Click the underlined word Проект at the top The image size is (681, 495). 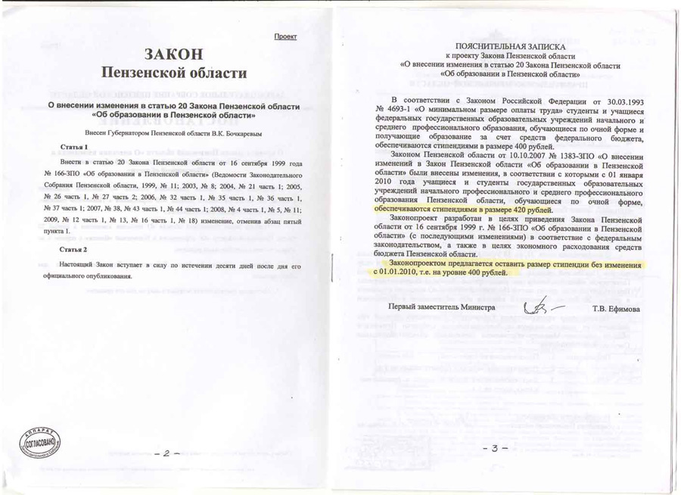click(x=285, y=36)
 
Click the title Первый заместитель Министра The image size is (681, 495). click(x=441, y=307)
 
